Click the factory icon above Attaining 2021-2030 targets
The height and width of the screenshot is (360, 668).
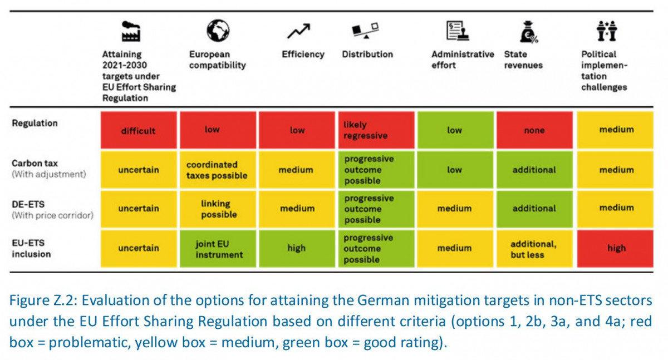pos(131,31)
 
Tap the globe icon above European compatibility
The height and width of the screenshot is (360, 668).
pos(218,30)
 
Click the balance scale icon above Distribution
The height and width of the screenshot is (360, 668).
pos(366,31)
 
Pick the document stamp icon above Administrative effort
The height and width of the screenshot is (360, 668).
pos(456,31)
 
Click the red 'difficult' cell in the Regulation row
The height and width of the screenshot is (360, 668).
pos(138,131)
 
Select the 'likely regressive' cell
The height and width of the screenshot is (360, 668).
pos(376,130)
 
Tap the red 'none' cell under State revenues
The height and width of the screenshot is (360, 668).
pos(534,130)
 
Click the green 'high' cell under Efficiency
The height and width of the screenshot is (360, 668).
pos(297,248)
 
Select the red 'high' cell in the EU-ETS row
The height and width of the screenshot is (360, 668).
pos(616,248)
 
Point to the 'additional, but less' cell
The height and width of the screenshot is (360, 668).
pos(534,249)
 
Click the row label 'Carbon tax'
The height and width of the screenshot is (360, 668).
pos(35,164)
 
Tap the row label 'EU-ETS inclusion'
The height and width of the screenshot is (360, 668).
pos(32,248)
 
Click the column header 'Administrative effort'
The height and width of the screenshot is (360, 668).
pos(462,60)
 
